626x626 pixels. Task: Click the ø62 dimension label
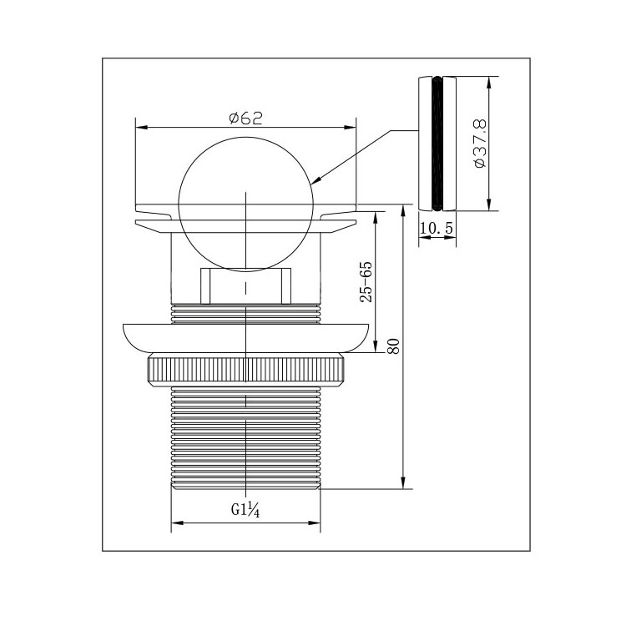click(246, 119)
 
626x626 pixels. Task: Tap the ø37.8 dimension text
click(480, 143)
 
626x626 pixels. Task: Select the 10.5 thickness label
click(437, 229)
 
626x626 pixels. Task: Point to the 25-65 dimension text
click(366, 282)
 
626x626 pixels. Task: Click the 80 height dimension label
click(393, 346)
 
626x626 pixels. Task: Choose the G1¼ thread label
click(245, 510)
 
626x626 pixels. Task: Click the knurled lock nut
click(246, 370)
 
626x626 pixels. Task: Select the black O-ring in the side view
click(437, 144)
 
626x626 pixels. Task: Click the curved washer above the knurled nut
click(246, 338)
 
